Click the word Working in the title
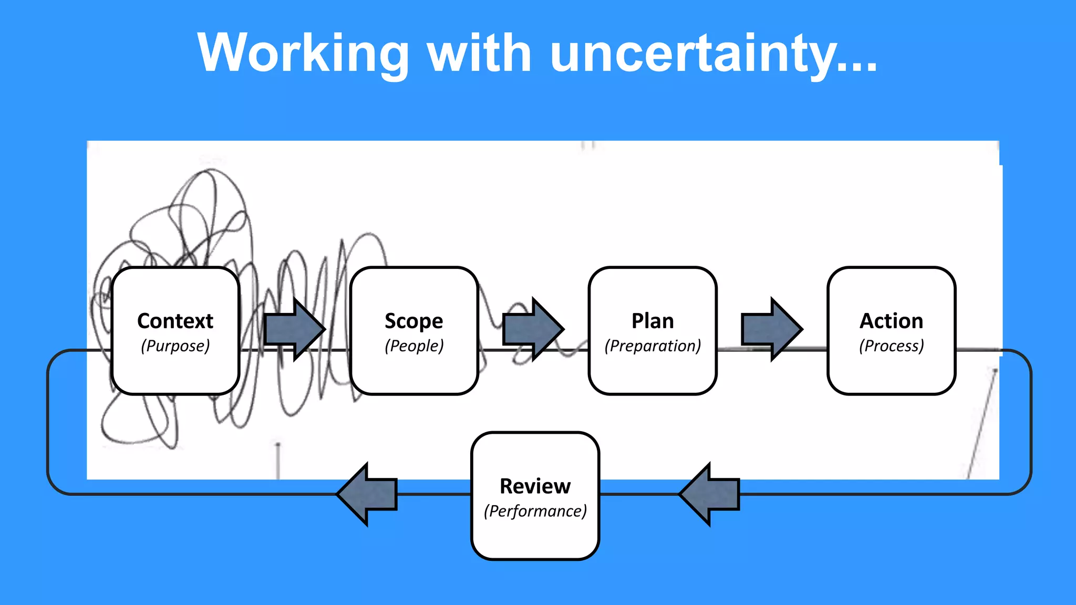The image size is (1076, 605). pos(303,54)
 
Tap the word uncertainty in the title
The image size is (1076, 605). pos(694,54)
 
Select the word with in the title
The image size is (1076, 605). pos(479,54)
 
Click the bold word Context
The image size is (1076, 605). pos(175,321)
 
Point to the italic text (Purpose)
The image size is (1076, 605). pos(175,346)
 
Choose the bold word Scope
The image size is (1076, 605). pos(414,321)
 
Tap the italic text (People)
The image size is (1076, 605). pos(414,346)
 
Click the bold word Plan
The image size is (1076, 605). pos(653,321)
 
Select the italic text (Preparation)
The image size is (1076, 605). pos(653,346)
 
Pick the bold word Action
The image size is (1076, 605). pos(891,321)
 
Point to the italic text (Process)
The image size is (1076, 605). pos(891,346)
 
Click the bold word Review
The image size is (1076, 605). pos(535,486)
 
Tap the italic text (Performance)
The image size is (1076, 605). pos(535,512)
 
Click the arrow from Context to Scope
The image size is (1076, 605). pos(293,329)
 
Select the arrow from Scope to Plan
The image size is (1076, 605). pos(532,329)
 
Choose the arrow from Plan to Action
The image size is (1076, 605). pos(770,329)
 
